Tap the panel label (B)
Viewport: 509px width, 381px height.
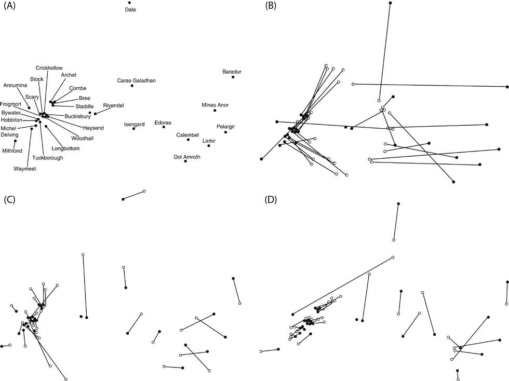tap(271, 6)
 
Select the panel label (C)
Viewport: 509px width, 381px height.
tap(11, 200)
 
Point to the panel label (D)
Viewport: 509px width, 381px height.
tap(271, 200)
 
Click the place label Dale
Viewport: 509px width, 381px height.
tap(130, 9)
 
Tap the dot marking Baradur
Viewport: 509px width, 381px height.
tap(233, 77)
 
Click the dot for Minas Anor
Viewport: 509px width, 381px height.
tap(215, 111)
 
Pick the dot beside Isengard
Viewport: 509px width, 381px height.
tap(134, 128)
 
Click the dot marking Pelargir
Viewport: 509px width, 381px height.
tap(225, 132)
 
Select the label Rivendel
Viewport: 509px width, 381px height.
tap(113, 105)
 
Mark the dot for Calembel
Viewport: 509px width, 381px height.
tap(188, 140)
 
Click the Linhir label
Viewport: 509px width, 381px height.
tap(209, 141)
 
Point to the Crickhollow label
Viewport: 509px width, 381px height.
tap(49, 68)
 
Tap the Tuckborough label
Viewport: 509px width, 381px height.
tap(47, 158)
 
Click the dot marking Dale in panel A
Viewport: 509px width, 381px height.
tap(129, 3)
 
